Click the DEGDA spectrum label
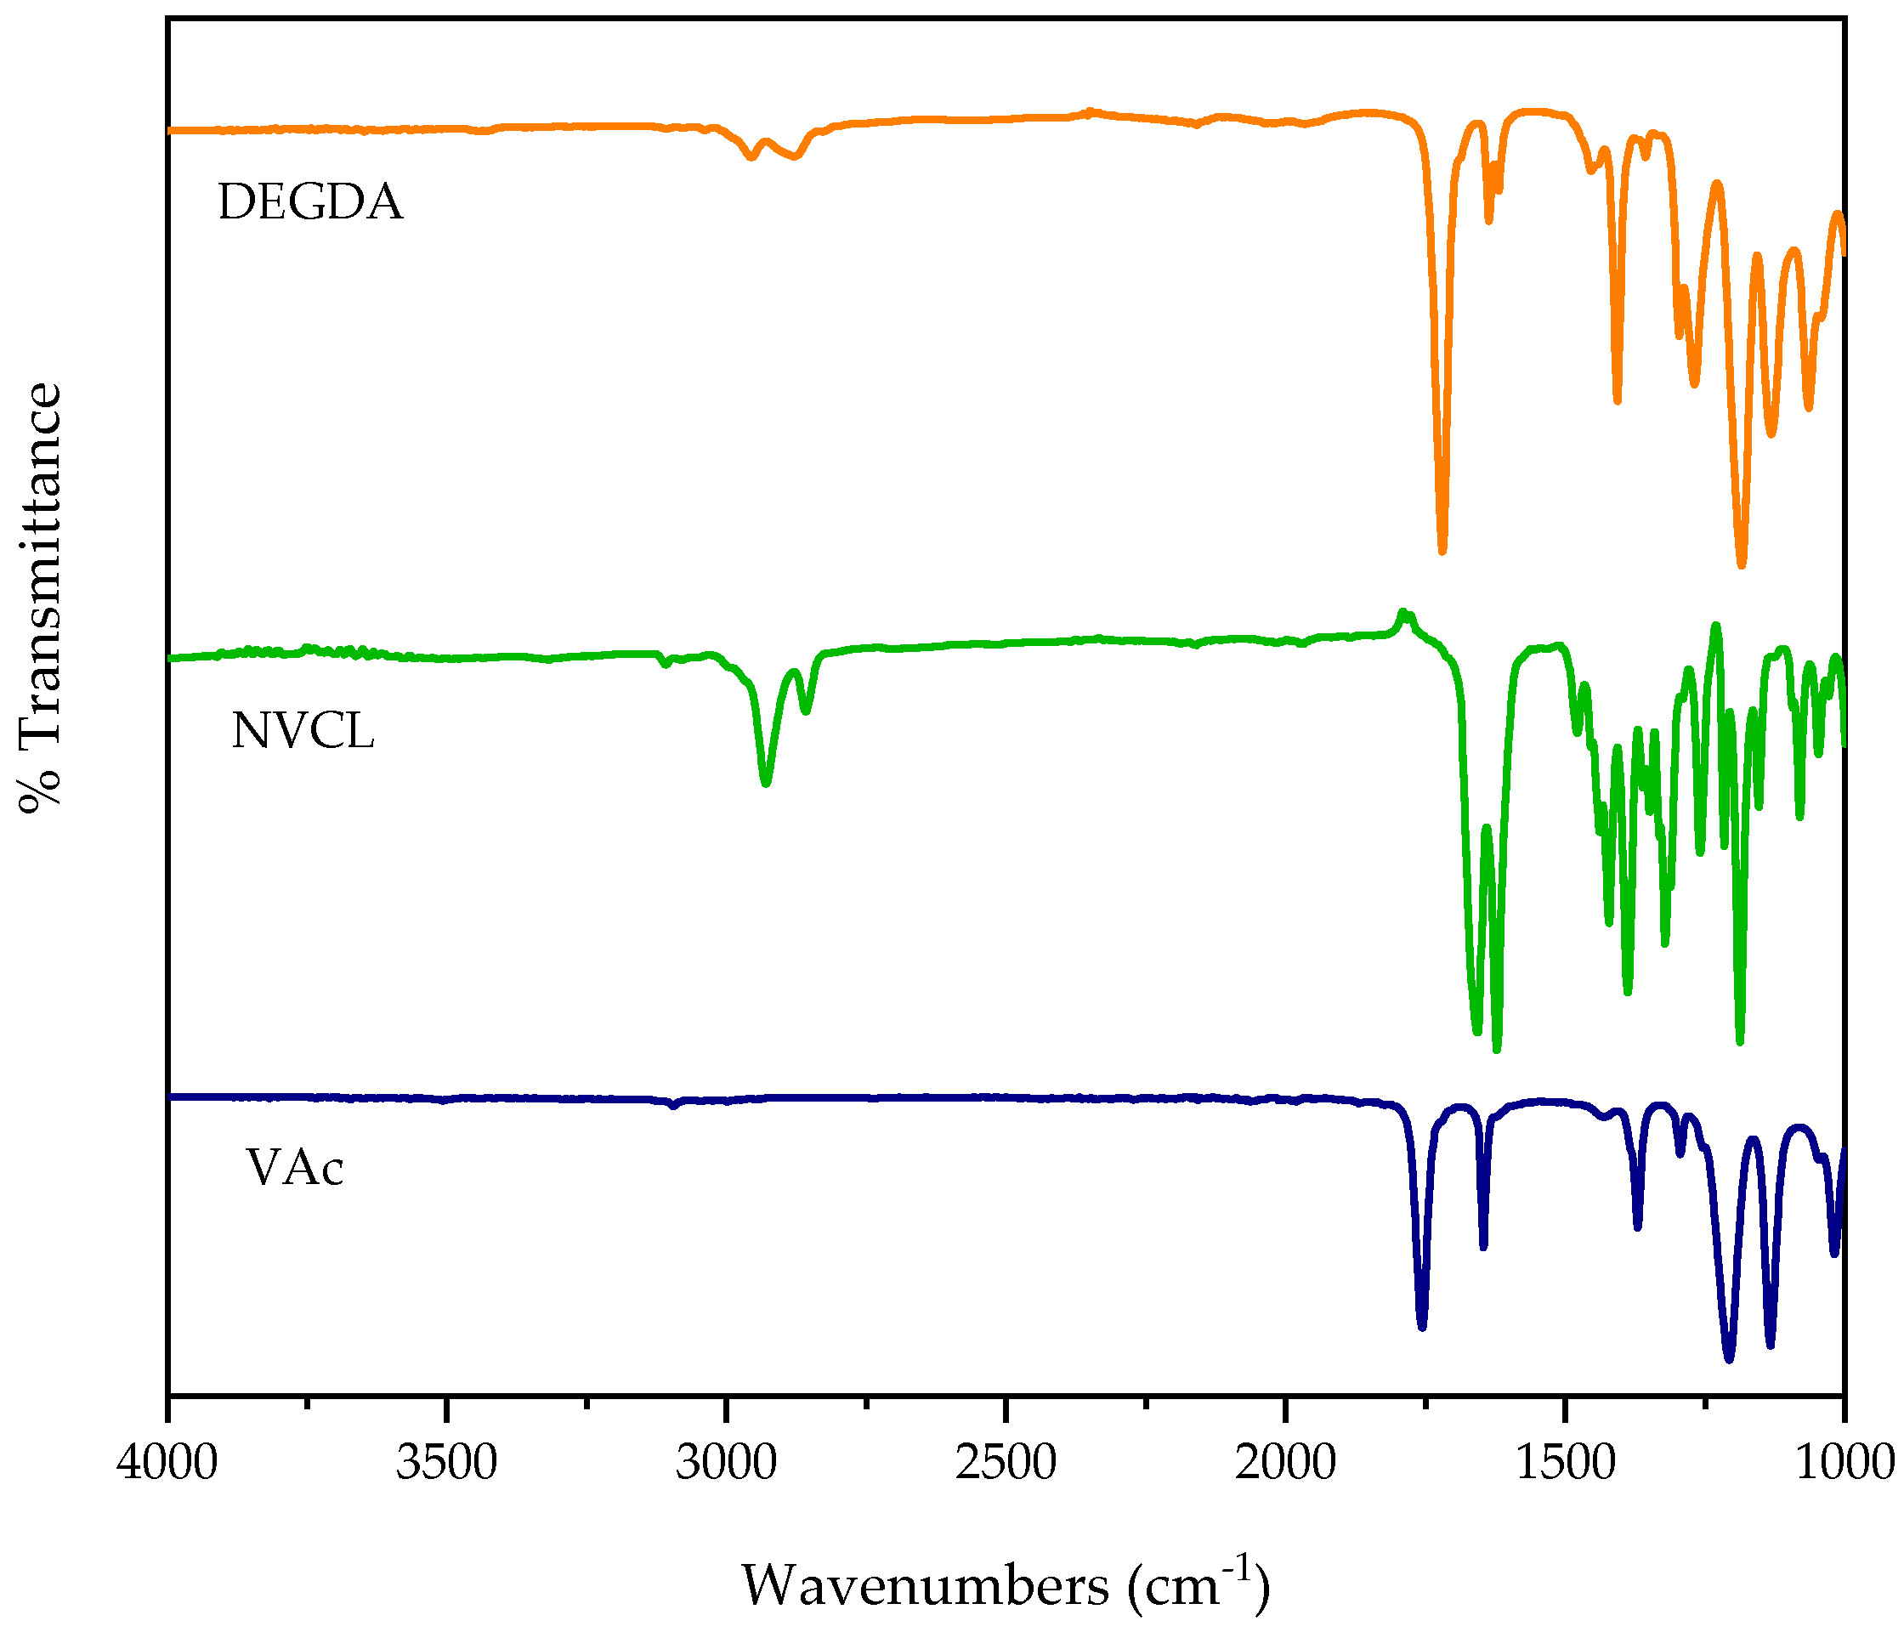[x=310, y=202]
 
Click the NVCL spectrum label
[x=303, y=732]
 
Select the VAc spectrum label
[x=295, y=1168]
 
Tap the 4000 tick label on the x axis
[x=168, y=1462]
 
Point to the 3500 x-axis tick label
[x=446, y=1462]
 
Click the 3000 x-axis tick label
[x=726, y=1462]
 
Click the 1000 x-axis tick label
[x=1845, y=1462]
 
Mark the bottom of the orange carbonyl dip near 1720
[x=1442, y=552]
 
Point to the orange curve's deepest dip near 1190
[x=1741, y=565]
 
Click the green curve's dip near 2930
[x=767, y=784]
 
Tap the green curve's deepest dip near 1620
[x=1497, y=1051]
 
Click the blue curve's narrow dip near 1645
[x=1483, y=1247]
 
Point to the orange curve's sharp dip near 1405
[x=1618, y=401]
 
